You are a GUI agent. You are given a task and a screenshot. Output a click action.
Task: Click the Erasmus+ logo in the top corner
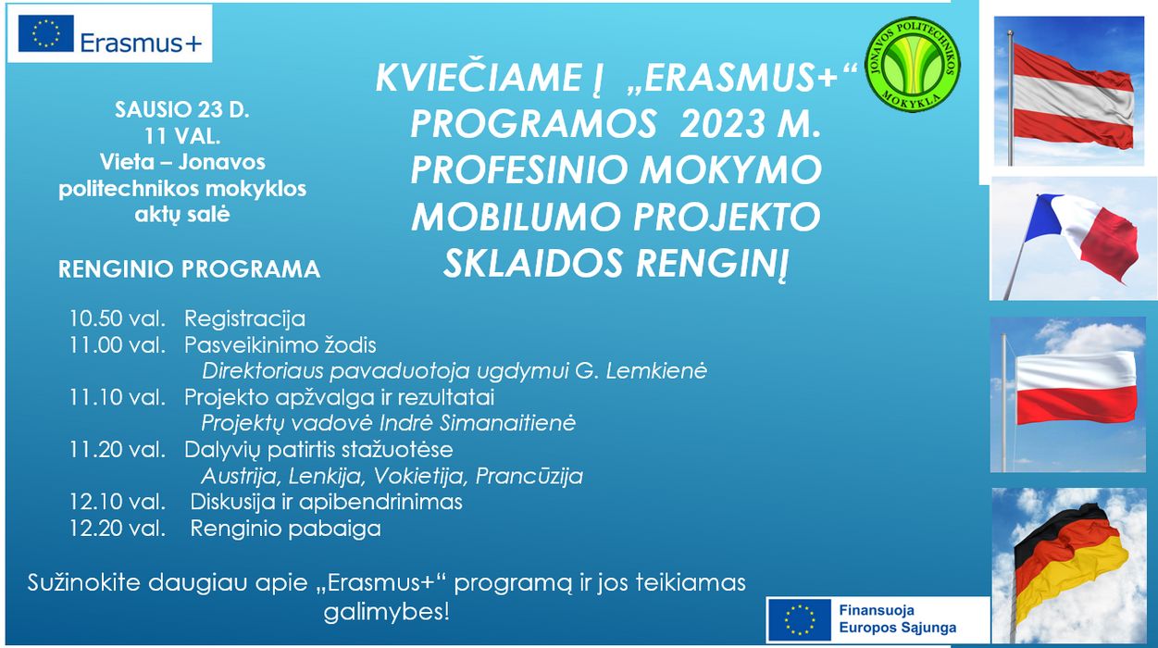tap(109, 34)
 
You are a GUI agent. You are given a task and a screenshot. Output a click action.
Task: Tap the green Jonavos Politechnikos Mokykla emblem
tap(912, 65)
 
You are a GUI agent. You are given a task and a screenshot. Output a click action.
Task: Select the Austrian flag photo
tap(1069, 91)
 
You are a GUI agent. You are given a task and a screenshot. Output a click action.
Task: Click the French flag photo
tap(1074, 239)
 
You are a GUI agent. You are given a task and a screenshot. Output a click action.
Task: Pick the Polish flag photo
tap(1068, 394)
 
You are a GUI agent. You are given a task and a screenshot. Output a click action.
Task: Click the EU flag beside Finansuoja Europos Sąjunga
tap(799, 619)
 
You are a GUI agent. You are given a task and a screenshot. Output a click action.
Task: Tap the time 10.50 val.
tap(118, 318)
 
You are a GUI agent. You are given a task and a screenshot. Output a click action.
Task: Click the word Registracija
tap(245, 318)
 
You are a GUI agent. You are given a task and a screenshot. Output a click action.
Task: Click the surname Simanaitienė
tap(507, 423)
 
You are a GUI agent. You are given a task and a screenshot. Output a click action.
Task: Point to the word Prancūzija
tap(529, 476)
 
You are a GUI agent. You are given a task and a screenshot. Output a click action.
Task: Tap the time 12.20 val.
tap(118, 529)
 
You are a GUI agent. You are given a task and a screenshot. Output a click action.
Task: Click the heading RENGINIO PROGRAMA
tap(189, 269)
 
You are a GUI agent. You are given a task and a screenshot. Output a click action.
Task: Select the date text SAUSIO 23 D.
tap(182, 109)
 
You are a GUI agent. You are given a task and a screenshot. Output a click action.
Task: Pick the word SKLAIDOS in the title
tap(533, 263)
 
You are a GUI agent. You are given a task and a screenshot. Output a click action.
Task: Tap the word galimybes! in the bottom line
tap(387, 612)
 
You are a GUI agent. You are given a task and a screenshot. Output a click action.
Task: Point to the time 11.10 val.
tap(118, 397)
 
